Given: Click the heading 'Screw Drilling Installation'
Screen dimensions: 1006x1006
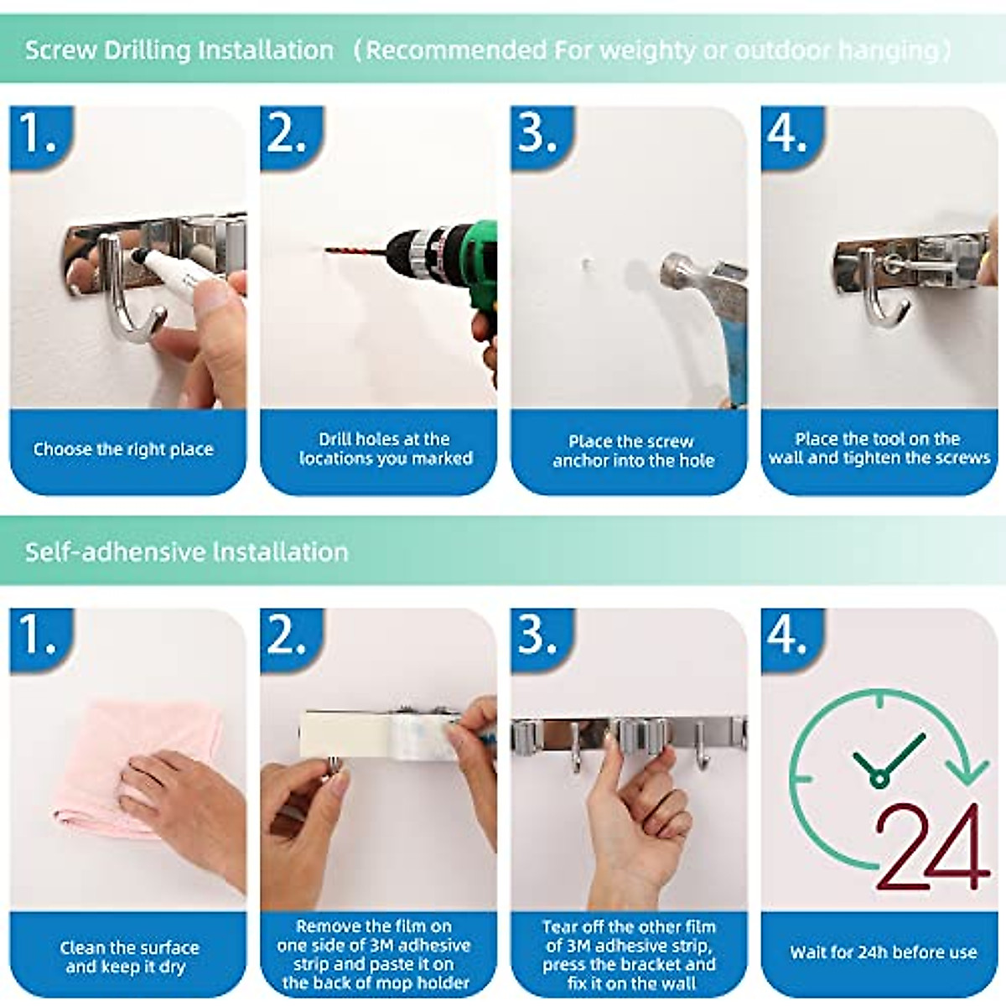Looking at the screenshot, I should point(179,50).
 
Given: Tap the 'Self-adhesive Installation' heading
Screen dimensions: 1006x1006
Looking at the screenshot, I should point(186,552).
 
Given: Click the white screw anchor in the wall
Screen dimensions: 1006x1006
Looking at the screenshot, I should point(588,263).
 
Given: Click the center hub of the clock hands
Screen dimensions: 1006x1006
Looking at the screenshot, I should point(878,780).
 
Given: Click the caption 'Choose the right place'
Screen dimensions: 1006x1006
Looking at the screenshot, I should point(123,449).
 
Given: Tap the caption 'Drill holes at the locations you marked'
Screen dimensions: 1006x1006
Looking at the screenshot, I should point(386,449).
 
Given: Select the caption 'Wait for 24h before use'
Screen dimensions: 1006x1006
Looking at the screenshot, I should point(883,952).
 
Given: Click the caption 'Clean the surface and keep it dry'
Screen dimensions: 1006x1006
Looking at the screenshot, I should point(129,957).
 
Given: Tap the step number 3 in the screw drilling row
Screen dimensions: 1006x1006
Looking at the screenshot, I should point(537,133).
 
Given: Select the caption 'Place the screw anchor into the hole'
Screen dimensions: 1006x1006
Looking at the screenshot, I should point(633,451).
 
